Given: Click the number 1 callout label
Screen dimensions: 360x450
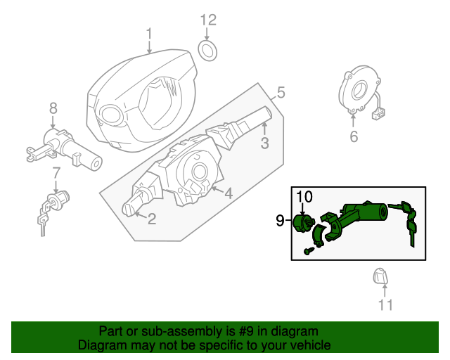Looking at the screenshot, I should (149, 33).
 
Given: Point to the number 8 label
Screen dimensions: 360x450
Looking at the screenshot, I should (53, 108).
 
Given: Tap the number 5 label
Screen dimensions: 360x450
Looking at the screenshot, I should (280, 92).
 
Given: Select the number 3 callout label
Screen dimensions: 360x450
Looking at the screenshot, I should (264, 144).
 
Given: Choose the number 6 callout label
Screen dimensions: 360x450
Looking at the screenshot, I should (354, 137).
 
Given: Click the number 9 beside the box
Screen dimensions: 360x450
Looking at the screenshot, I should (280, 221).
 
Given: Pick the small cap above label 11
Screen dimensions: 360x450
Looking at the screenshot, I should (380, 278).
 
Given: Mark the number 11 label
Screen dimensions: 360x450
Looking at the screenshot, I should (385, 305).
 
